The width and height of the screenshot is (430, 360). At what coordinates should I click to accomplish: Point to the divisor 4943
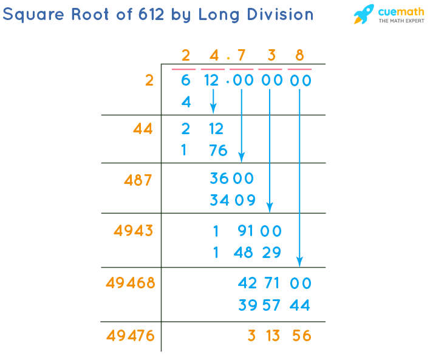134,231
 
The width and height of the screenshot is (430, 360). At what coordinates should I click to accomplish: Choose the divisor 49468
130,283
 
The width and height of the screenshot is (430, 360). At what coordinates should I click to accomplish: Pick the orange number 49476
130,335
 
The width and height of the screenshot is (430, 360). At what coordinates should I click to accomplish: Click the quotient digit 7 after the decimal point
242,56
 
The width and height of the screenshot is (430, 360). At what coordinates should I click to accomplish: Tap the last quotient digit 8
299,56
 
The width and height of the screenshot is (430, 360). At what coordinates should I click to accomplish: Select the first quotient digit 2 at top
186,56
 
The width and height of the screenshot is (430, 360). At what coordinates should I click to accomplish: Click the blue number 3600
231,179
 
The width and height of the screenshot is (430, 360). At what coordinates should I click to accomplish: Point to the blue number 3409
231,200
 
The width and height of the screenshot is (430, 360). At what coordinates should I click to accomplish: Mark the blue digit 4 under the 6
186,103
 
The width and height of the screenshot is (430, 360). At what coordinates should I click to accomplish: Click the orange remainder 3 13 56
279,336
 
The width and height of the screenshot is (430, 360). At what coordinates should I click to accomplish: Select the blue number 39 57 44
275,305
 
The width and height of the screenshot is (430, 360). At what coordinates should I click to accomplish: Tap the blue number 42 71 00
275,284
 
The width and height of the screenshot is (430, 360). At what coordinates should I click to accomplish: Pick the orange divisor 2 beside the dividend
149,80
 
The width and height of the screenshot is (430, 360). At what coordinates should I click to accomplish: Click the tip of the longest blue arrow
300,265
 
